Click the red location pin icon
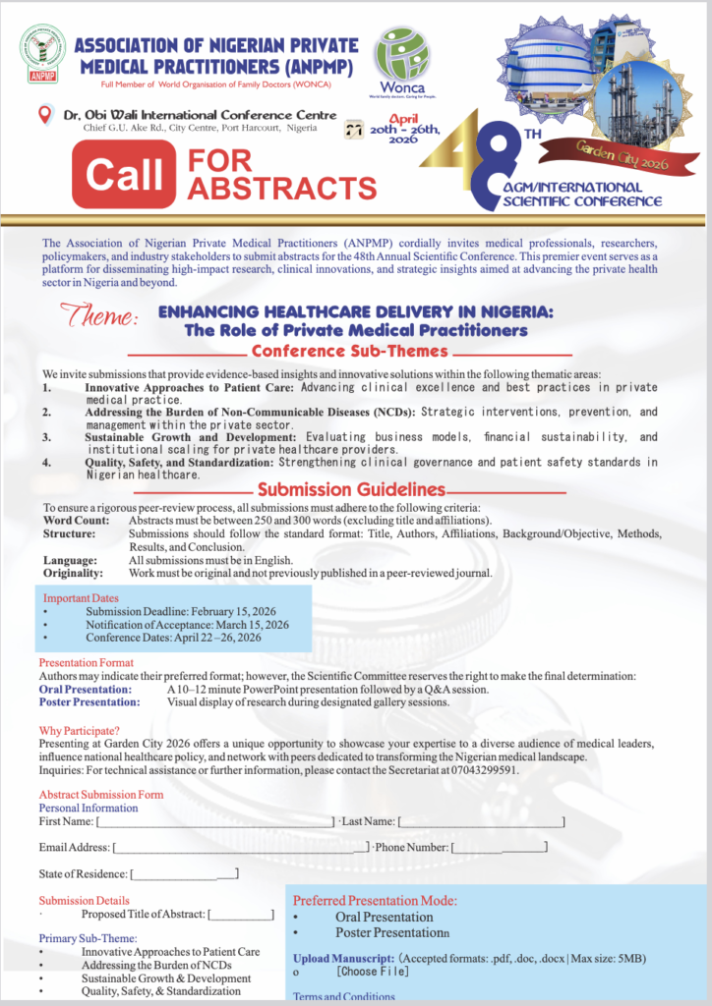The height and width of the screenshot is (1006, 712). point(43,115)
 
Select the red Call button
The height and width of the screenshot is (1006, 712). point(124,175)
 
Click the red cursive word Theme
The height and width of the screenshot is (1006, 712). point(100,316)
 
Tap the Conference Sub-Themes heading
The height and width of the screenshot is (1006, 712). point(349,351)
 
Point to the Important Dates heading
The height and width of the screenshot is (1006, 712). point(81,597)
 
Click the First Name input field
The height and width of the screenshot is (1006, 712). point(215,820)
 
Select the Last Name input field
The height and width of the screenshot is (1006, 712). point(481,820)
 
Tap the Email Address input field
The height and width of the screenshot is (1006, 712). point(242,847)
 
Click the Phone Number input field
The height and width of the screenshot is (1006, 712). point(500,847)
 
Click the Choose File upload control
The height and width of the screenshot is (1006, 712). point(373,972)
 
